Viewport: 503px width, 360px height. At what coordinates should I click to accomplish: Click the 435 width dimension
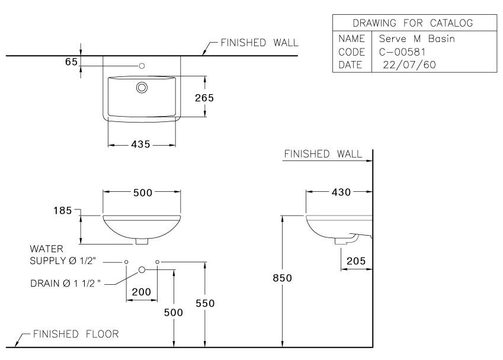(141, 144)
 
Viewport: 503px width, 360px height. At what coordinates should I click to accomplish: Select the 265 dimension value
(204, 98)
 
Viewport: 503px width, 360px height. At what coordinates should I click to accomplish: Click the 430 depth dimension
(341, 192)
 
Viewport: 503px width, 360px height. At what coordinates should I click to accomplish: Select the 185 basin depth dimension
(62, 210)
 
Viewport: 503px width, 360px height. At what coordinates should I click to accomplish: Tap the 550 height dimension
(204, 303)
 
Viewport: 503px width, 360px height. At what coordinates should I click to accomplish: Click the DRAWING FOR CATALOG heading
(412, 23)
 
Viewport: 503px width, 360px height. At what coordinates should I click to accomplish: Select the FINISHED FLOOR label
(75, 334)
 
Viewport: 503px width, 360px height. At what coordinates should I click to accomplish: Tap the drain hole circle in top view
(142, 88)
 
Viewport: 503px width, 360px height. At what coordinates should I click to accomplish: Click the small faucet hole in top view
(142, 65)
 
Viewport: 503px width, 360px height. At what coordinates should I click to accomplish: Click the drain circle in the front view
(142, 270)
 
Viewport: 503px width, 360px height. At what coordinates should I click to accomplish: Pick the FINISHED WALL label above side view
(323, 154)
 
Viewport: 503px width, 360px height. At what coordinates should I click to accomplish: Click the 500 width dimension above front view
(142, 192)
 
